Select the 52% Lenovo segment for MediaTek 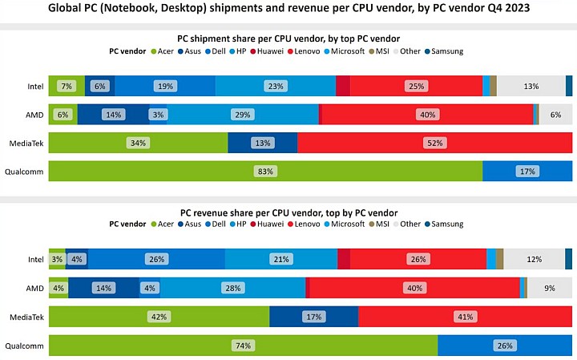[x=434, y=143]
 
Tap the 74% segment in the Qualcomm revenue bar [x=243, y=346]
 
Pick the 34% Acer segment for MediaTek [x=138, y=143]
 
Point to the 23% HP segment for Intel [x=276, y=86]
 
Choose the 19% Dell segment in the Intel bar [x=165, y=86]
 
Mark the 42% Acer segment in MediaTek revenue [x=159, y=317]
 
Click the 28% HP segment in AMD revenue [x=233, y=288]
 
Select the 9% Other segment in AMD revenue [x=549, y=288]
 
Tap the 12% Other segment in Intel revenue [x=534, y=259]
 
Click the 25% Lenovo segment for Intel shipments [x=416, y=86]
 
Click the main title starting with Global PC [x=288, y=10]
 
